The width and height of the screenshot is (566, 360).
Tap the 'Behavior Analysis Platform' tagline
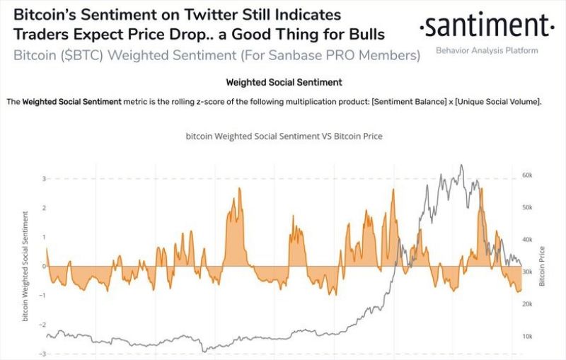(x=486, y=50)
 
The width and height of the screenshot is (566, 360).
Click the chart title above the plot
(x=283, y=136)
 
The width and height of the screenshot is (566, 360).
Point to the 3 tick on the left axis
(x=43, y=179)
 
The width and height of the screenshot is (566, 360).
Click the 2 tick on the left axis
(x=43, y=208)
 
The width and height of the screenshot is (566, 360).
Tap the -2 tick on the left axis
(x=42, y=325)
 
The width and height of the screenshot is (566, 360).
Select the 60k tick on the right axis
(x=527, y=175)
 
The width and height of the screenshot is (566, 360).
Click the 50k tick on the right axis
(x=527, y=207)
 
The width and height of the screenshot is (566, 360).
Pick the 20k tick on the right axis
(x=527, y=304)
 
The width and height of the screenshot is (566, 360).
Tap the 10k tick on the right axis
(x=527, y=336)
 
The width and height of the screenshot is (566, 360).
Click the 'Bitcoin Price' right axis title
(x=543, y=266)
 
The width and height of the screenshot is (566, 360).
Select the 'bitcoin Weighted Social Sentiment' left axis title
(x=25, y=265)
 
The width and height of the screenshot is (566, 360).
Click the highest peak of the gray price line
(x=461, y=166)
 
